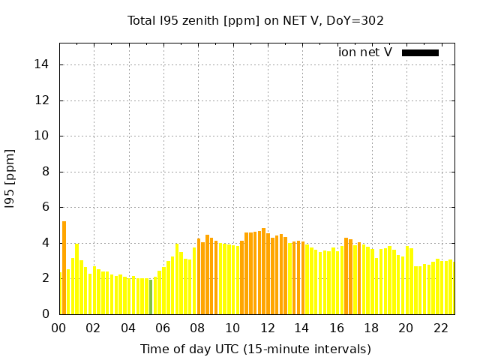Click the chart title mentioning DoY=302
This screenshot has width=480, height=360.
pos(256,20)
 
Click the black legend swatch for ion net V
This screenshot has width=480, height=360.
pos(420,52)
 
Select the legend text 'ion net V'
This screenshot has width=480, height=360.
pos(365,52)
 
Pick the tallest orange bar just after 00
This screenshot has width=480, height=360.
pos(64,268)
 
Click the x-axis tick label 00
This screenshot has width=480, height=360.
pos(59,328)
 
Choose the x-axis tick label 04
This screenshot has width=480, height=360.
pos(128,328)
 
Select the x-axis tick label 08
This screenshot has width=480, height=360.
pos(198,328)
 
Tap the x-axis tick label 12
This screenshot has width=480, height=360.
pos(267,328)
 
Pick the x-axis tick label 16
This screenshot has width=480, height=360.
pos(337,328)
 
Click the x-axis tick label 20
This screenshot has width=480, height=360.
pos(406,328)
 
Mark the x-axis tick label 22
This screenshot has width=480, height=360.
pos(440,328)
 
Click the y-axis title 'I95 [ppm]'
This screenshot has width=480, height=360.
pos(10,178)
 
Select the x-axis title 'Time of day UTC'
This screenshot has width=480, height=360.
pos(256,349)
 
